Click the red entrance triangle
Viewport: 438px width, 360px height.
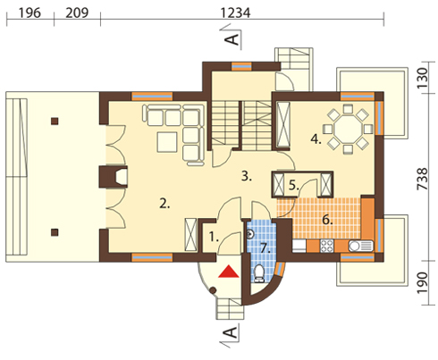[229, 272]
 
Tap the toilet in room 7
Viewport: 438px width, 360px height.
[259, 273]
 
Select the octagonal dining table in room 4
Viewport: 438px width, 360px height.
[348, 130]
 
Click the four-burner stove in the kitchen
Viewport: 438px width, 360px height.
[327, 246]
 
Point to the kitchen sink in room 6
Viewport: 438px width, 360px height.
[360, 246]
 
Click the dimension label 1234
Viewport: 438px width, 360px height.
[235, 13]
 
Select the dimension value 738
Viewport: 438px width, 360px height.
[423, 179]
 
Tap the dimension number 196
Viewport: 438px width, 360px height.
[29, 13]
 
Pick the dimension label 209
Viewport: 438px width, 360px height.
[77, 13]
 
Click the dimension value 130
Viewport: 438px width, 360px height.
[423, 79]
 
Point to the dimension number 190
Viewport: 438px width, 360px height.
[423, 282]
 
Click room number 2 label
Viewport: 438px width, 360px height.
[164, 204]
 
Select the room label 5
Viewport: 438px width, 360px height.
[293, 186]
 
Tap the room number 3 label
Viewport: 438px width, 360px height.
[247, 176]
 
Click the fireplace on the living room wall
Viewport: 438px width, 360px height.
[114, 177]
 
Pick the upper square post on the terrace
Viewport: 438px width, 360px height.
[55, 121]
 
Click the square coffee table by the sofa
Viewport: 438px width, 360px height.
[167, 142]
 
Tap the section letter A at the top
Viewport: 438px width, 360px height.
[232, 39]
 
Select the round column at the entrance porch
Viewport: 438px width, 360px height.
[213, 290]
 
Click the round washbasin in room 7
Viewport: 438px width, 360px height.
[250, 235]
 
